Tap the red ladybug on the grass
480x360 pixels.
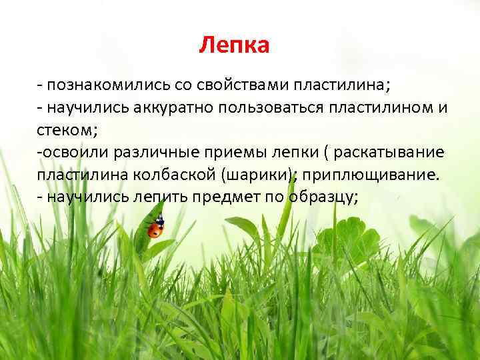[155, 229]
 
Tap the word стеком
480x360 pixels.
[67, 131]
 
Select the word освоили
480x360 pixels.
[70, 153]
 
